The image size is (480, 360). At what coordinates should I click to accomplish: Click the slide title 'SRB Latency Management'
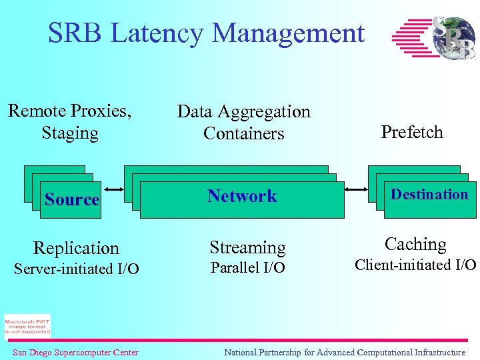click(x=206, y=33)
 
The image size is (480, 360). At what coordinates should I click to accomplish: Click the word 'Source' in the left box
click(x=71, y=199)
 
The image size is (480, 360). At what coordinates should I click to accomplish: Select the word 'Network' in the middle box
click(x=242, y=196)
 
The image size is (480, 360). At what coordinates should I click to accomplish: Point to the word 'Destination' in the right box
click(x=429, y=195)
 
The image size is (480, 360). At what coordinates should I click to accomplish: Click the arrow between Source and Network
click(x=112, y=189)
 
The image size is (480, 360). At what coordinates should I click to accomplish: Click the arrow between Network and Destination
click(x=357, y=189)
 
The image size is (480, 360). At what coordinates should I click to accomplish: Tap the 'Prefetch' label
click(x=412, y=132)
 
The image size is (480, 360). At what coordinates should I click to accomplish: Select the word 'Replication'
click(x=76, y=248)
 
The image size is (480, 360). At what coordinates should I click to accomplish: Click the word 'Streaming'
click(x=247, y=247)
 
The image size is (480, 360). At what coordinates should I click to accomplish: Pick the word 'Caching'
click(x=415, y=244)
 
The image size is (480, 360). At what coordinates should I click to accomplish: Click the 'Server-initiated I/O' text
click(x=77, y=269)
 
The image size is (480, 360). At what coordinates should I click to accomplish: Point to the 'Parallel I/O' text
click(x=247, y=268)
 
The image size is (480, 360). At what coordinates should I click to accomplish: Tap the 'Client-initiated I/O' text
click(x=415, y=265)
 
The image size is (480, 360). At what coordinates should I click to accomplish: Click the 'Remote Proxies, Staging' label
click(x=70, y=121)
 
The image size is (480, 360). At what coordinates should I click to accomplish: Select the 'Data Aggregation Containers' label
click(x=244, y=122)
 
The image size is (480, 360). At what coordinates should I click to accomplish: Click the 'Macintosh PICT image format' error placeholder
click(x=27, y=326)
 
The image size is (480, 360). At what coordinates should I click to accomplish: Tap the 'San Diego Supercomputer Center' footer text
click(x=75, y=353)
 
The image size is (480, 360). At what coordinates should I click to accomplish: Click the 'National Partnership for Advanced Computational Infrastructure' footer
click(x=345, y=353)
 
